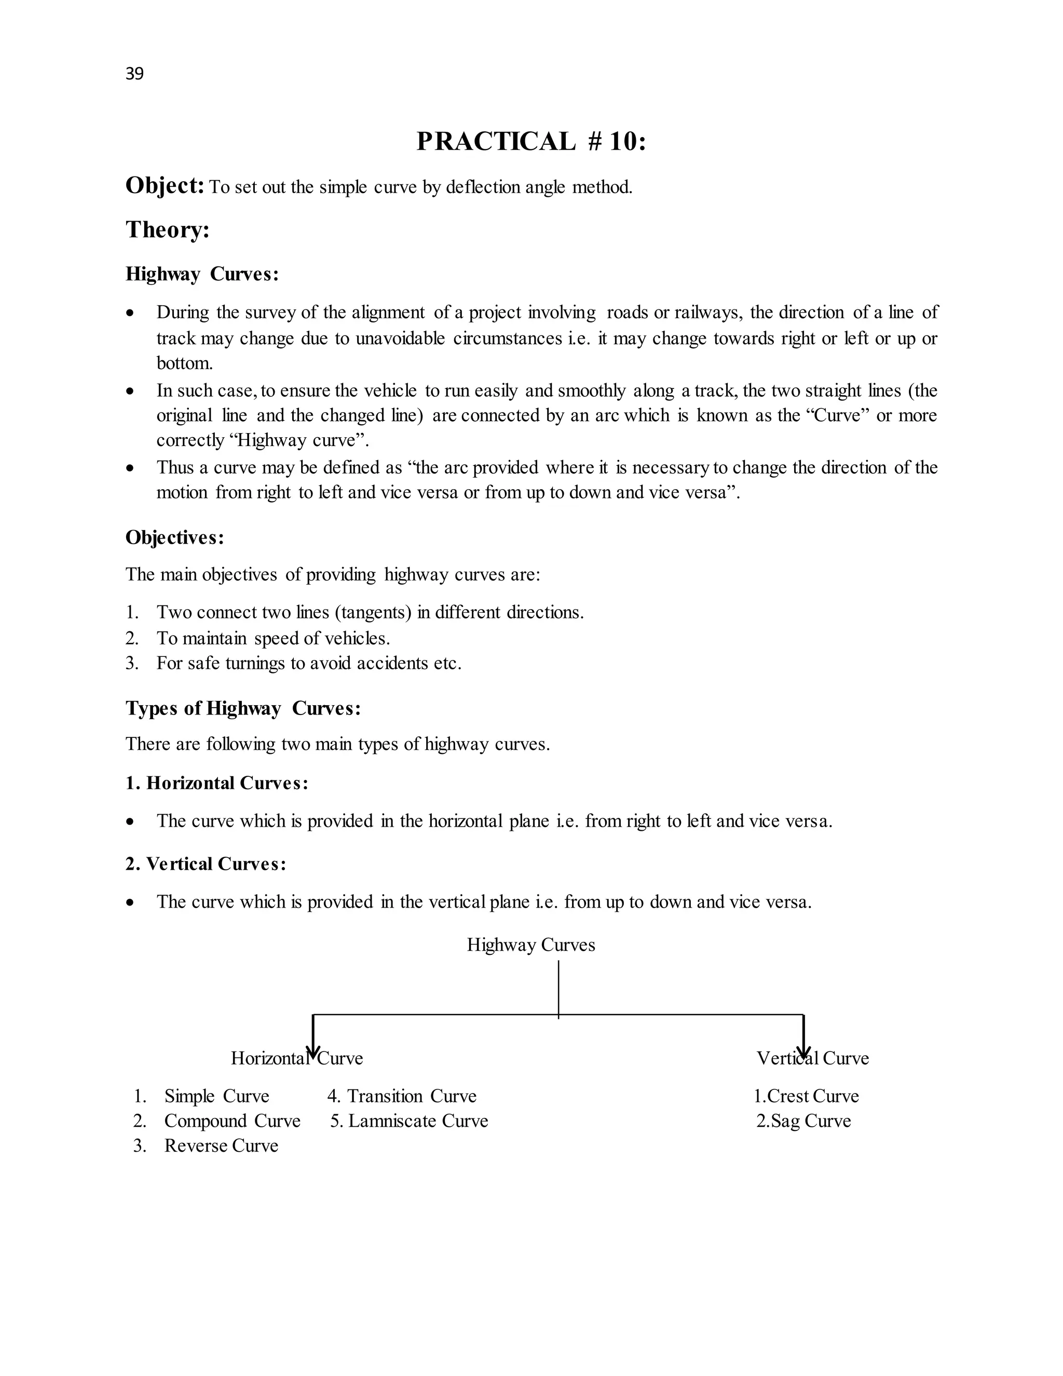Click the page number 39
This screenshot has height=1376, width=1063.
point(134,74)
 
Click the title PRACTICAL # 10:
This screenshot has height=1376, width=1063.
point(531,141)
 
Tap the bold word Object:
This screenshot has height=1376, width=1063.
point(165,186)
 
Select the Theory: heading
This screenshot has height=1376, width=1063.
point(167,230)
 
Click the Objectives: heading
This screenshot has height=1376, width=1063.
point(174,537)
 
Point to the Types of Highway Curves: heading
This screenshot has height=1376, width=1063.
point(243,708)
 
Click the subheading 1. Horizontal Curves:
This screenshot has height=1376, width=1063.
point(216,783)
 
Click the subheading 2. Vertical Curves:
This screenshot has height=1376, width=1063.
point(206,864)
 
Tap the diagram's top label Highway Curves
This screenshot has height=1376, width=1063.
point(530,945)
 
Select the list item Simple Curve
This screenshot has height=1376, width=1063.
point(216,1096)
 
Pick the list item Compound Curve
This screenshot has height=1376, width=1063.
point(231,1121)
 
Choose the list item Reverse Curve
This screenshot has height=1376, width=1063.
point(221,1145)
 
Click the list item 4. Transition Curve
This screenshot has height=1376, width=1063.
point(401,1096)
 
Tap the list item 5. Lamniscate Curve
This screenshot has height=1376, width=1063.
point(408,1121)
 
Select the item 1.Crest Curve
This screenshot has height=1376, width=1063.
point(806,1096)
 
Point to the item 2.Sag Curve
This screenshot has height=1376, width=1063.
point(803,1121)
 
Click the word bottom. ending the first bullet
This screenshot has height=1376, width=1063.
point(184,363)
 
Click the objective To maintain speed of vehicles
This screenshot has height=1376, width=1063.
point(272,638)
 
